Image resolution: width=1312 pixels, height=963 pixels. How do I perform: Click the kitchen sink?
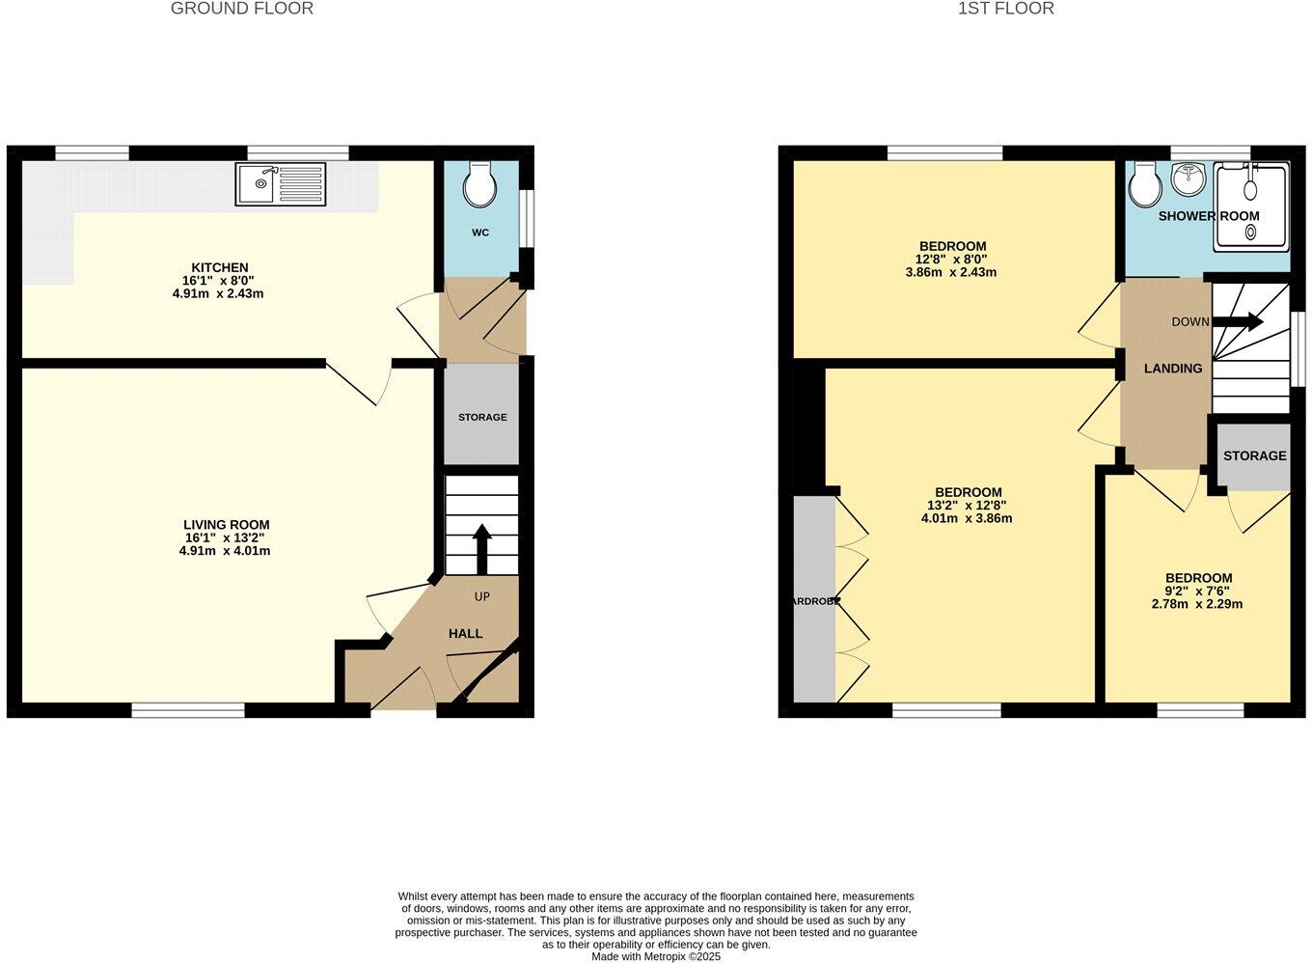(281, 183)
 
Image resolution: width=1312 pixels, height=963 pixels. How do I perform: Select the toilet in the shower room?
(1145, 183)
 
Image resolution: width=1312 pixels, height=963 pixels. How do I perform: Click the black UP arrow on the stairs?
(481, 548)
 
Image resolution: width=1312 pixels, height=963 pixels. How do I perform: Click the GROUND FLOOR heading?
(242, 9)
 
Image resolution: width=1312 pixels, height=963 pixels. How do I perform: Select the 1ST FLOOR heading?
(1006, 9)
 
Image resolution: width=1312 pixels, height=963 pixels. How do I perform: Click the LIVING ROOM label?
(224, 525)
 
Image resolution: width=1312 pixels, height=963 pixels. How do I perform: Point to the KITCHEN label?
(220, 267)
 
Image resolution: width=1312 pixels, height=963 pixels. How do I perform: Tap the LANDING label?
(1173, 369)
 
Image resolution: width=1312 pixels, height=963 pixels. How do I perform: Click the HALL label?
(465, 633)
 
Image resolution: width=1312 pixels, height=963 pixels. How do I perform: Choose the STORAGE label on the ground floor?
(482, 417)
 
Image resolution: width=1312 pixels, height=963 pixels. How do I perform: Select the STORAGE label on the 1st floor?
(1254, 455)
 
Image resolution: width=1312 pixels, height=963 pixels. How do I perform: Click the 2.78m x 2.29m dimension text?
(1197, 604)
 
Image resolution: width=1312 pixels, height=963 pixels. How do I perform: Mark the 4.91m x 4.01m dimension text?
(224, 551)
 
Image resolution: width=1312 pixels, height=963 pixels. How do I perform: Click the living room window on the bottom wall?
(188, 710)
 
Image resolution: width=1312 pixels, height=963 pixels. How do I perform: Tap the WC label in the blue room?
(480, 233)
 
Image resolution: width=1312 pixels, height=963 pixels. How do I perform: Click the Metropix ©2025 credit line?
(656, 956)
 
